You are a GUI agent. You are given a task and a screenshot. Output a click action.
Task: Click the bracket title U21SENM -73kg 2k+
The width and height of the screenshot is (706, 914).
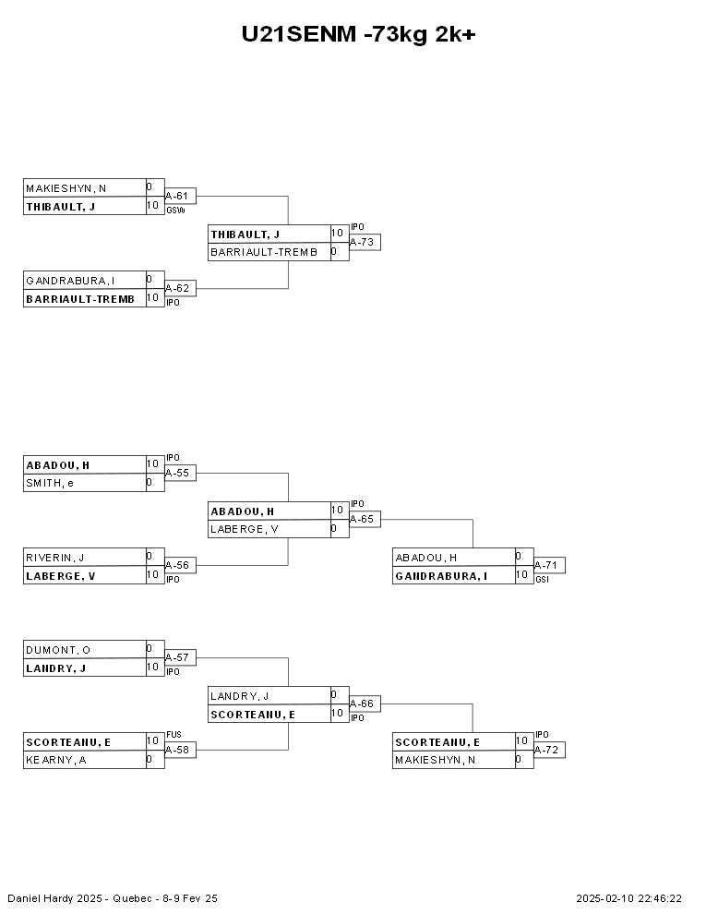358,34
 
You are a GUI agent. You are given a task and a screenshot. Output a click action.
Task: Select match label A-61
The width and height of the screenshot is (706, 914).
177,196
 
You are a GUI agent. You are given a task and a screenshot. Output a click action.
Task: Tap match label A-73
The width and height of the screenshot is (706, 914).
362,242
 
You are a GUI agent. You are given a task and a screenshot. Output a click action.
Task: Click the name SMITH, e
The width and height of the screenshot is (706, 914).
50,483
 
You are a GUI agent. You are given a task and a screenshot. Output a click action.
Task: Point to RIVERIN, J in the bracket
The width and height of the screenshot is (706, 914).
54,558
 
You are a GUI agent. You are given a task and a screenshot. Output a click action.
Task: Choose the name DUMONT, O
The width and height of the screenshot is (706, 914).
58,650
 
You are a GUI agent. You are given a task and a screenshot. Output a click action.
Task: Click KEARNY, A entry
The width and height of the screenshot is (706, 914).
56,760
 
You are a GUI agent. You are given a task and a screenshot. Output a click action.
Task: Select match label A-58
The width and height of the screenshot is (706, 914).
177,750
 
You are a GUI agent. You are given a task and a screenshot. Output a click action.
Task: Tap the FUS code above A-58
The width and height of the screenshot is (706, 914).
174,735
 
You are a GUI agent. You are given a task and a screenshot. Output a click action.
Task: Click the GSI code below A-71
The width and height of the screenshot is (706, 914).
542,580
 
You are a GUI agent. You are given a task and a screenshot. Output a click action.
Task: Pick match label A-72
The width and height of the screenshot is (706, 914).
546,750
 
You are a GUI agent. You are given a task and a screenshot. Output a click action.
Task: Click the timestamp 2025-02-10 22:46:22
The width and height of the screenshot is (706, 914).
629,898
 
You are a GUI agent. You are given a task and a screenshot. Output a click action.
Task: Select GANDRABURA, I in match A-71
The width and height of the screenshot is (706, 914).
441,576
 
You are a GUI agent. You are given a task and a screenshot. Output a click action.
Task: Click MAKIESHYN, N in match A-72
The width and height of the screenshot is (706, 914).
435,760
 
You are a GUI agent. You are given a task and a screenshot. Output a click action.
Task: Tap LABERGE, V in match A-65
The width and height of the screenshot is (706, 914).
244,529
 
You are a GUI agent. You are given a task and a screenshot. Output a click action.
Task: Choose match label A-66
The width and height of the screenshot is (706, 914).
362,704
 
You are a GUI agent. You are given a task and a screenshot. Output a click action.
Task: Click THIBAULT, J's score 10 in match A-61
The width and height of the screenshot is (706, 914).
152,205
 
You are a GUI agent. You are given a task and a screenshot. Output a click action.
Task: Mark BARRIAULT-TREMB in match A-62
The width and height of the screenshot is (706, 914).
80,299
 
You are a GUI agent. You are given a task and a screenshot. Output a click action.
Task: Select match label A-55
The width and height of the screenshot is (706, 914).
177,473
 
